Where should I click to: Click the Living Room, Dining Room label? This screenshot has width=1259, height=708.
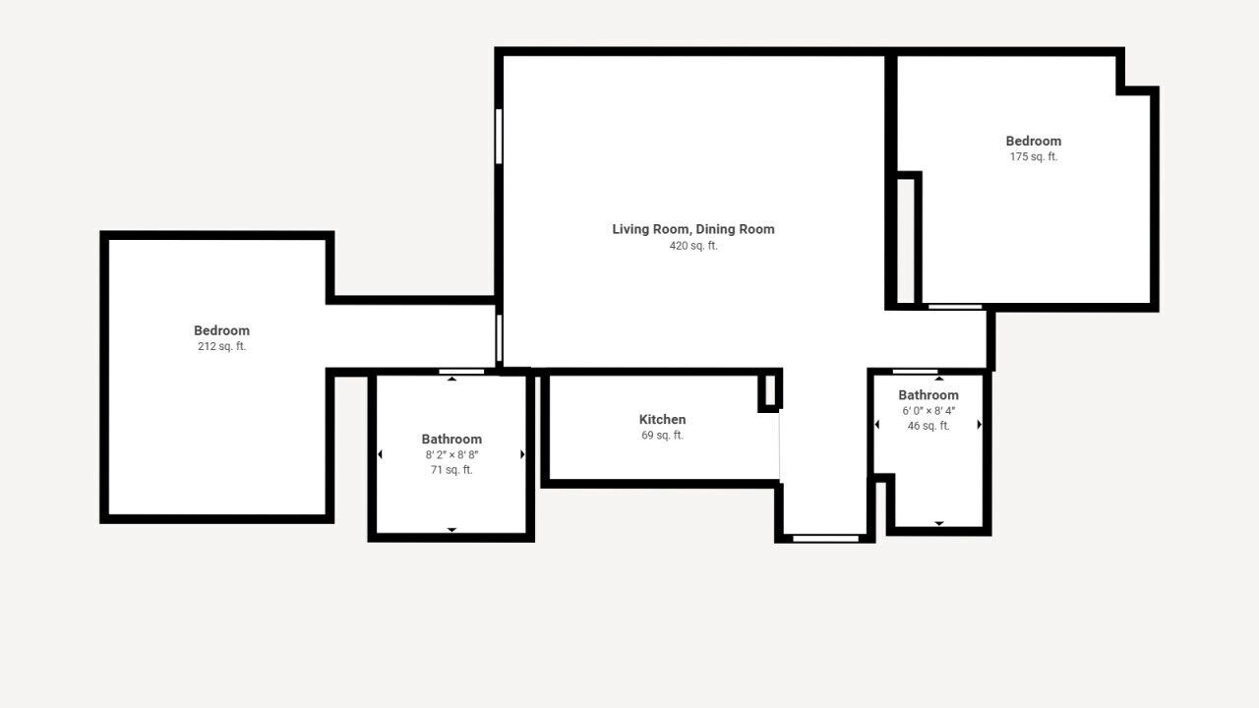[693, 229]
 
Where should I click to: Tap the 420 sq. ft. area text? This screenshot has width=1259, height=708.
[693, 246]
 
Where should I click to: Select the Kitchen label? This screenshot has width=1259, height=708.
[662, 419]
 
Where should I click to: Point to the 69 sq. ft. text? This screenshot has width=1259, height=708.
[662, 435]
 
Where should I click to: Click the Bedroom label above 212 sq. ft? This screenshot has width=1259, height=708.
[221, 330]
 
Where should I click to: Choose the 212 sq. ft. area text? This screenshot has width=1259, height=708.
[221, 346]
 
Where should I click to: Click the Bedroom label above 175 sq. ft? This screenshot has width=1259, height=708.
[1033, 141]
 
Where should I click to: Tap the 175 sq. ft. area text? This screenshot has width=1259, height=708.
[1033, 156]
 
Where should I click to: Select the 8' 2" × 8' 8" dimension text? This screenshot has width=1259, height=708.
[451, 454]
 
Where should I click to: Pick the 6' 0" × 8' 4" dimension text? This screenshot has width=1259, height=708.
[929, 411]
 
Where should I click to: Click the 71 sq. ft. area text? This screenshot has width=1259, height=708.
[451, 470]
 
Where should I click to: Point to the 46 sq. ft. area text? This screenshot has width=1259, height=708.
[929, 426]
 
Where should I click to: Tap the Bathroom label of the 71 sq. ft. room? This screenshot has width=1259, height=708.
[451, 439]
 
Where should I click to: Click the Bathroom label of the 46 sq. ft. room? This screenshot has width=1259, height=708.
[929, 395]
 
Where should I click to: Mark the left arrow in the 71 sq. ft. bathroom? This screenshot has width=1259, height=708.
[380, 454]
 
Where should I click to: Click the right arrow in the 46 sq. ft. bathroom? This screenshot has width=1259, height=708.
[979, 424]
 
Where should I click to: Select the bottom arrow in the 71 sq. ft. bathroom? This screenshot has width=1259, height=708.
[451, 530]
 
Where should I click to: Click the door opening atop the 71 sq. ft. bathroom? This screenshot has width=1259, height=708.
[461, 372]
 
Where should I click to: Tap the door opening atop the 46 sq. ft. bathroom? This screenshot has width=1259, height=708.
[915, 372]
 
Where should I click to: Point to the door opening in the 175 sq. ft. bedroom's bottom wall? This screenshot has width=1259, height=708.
[955, 307]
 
